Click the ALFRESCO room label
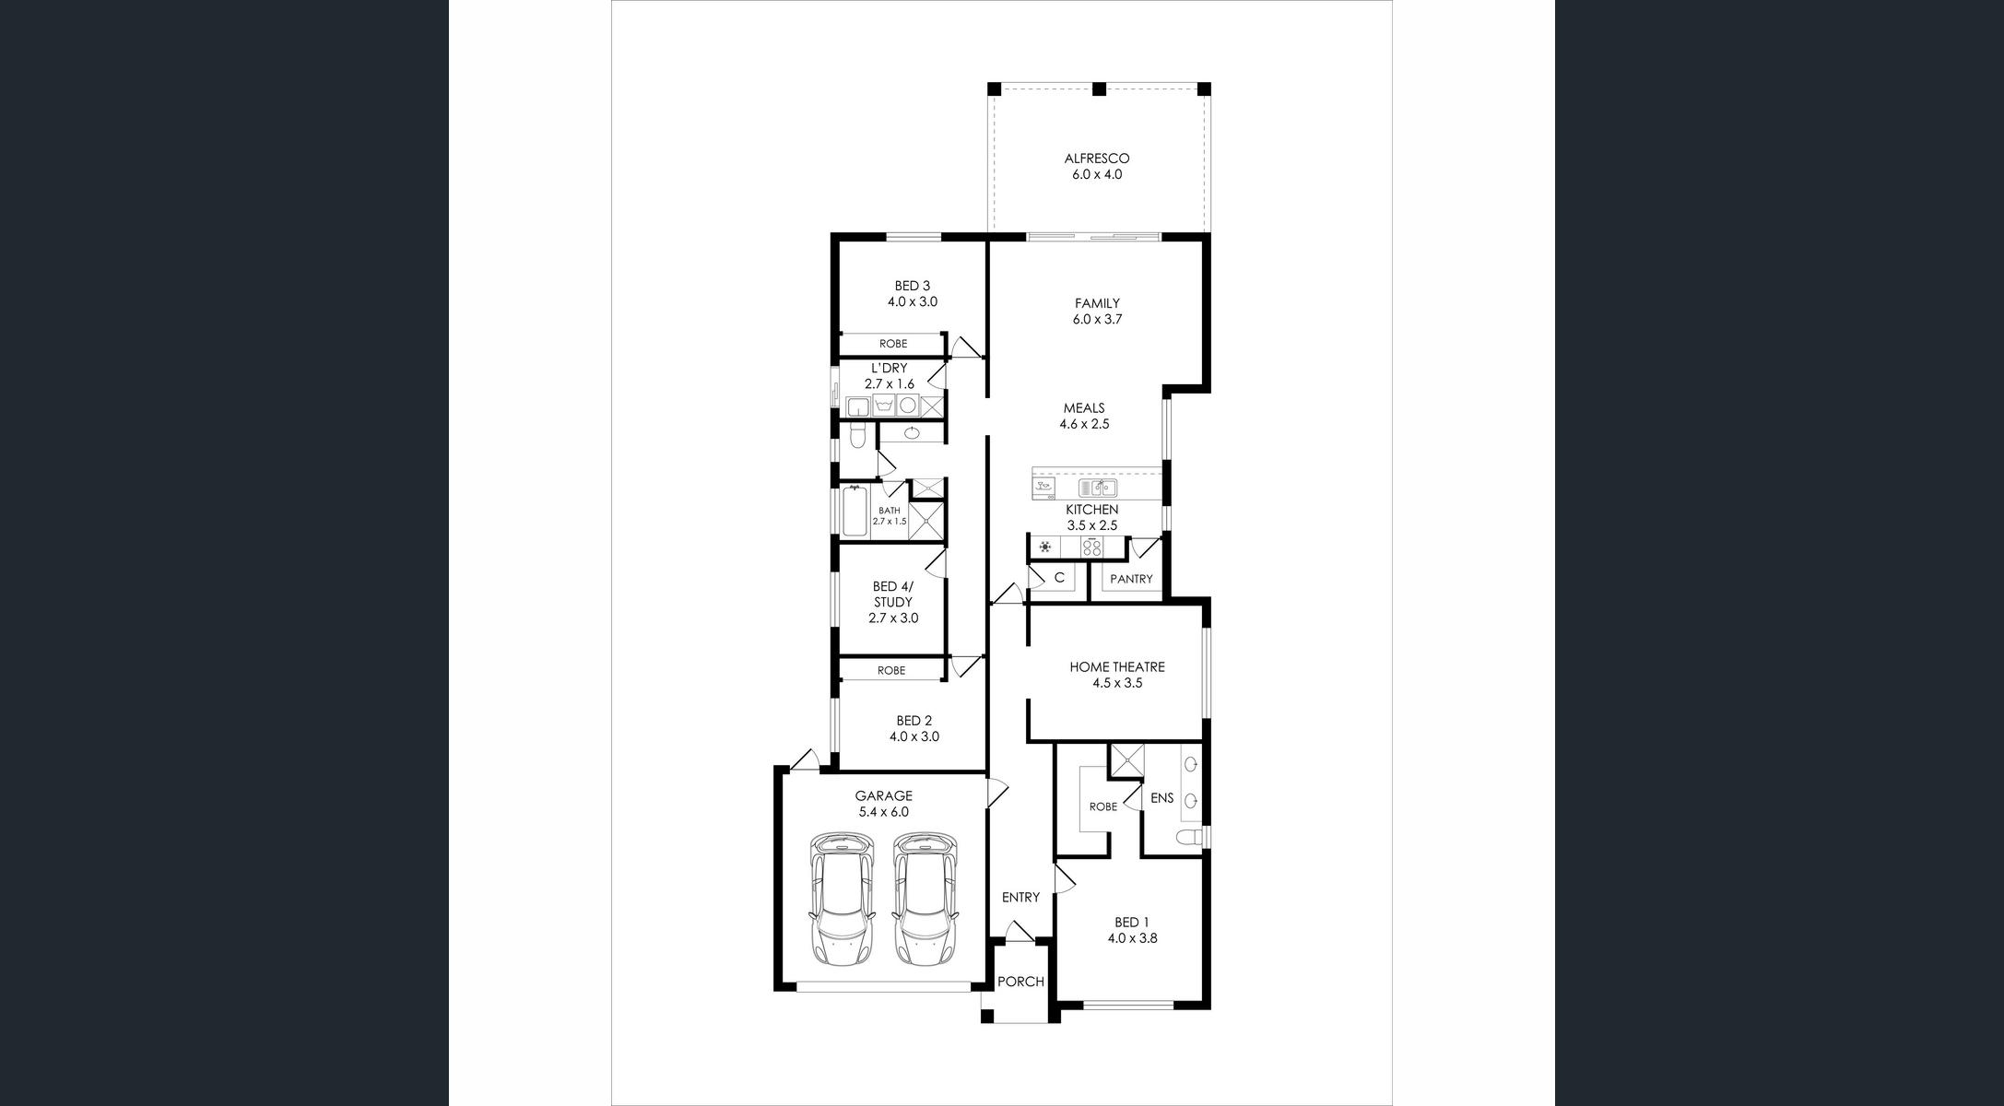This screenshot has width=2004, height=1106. click(1097, 159)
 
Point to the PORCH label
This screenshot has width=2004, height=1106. click(1020, 982)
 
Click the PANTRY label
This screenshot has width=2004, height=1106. click(1131, 579)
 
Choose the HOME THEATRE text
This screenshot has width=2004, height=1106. click(1117, 666)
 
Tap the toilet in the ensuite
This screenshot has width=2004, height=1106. click(1191, 837)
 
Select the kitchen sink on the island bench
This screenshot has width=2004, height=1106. click(1098, 488)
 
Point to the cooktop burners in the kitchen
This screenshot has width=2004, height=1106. click(1092, 547)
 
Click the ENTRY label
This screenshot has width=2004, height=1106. click(1020, 897)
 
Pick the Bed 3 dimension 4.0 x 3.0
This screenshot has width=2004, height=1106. click(913, 301)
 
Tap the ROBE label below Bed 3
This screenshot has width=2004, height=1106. click(893, 344)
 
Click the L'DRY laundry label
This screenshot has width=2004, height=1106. click(889, 368)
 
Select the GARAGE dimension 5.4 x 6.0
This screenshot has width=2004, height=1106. click(883, 812)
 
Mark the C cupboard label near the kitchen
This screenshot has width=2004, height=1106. click(1059, 578)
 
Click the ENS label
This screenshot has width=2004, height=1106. click(1162, 798)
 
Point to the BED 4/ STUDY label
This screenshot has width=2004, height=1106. click(892, 594)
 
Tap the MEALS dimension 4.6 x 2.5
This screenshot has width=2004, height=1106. click(1084, 424)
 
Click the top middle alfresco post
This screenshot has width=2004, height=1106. click(1099, 89)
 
